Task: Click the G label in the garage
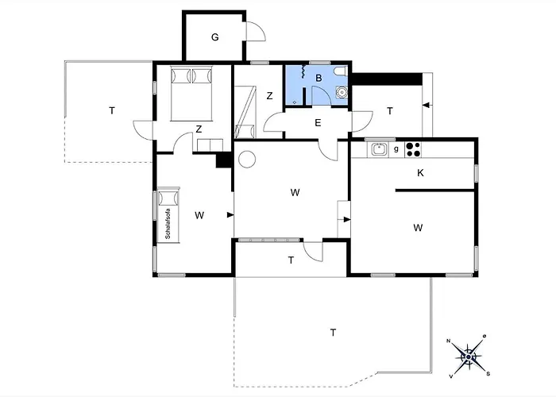(215, 37)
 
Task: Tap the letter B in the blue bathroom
(319, 78)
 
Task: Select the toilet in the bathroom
(341, 71)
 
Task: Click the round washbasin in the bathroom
(342, 92)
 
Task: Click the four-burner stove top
(413, 149)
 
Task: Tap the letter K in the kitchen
(420, 173)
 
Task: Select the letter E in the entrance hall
(318, 123)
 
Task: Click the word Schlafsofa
(168, 224)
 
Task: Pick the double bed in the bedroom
(191, 93)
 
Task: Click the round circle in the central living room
(247, 159)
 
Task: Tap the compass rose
(468, 357)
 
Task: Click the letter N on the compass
(448, 341)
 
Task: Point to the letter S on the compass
(488, 374)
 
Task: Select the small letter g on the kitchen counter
(396, 149)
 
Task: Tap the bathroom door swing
(324, 92)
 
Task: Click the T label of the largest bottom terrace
(333, 333)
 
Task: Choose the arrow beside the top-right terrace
(427, 105)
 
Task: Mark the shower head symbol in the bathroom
(303, 71)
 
